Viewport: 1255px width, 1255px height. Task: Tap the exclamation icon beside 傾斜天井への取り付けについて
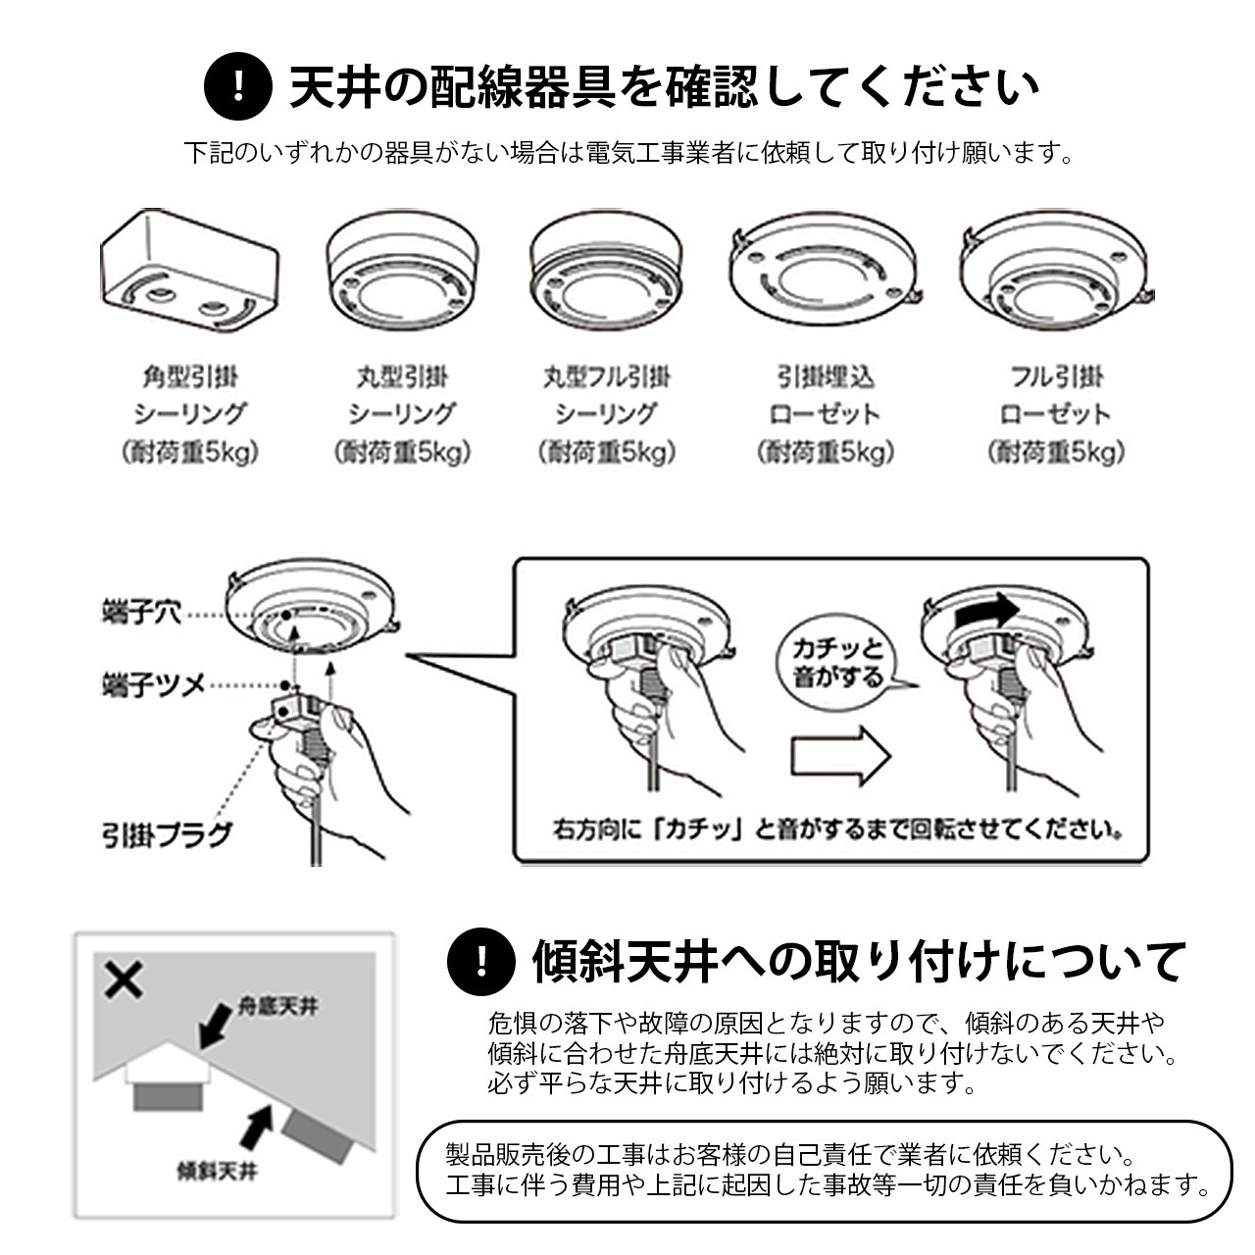click(x=480, y=961)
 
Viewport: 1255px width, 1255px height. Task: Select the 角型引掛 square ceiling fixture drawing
click(x=189, y=274)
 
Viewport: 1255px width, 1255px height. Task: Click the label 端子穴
click(x=142, y=614)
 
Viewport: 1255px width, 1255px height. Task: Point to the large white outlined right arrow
click(x=840, y=756)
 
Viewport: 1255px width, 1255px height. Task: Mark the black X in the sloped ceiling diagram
click(x=124, y=979)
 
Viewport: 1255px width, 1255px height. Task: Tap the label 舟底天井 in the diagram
click(x=278, y=1006)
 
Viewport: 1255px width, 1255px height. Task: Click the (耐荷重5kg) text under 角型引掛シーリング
click(x=190, y=452)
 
